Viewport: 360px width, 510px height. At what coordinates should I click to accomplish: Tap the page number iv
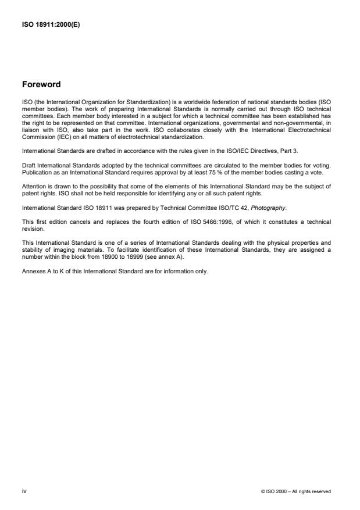point(24,491)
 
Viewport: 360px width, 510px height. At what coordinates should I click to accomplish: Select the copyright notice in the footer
point(297,491)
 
